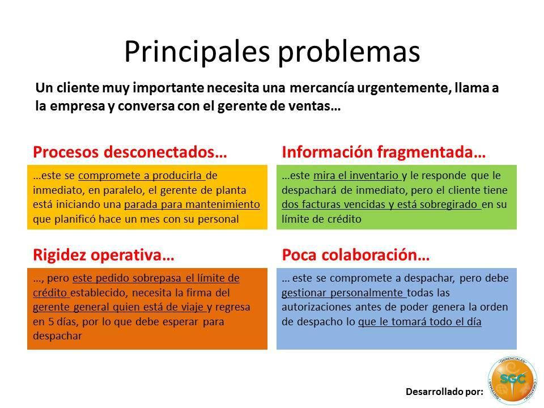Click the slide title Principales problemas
tap(272, 52)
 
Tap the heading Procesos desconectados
tap(130, 152)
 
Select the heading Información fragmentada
tap(384, 152)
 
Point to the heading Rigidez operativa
tap(103, 255)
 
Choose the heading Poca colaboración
tap(356, 255)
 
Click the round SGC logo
tap(512, 380)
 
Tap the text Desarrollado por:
tap(444, 392)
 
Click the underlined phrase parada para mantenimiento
tap(192, 205)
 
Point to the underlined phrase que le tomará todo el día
tap(419, 322)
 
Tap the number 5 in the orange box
tap(50, 322)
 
